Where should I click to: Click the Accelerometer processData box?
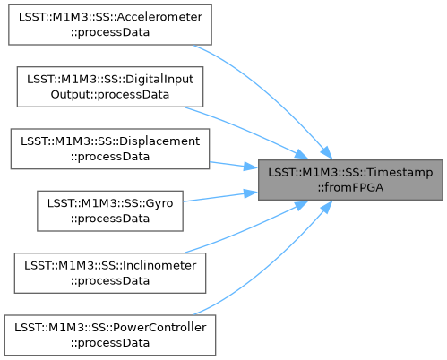click(x=110, y=25)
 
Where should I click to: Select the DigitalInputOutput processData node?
click(x=110, y=87)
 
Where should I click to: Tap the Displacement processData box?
click(x=110, y=149)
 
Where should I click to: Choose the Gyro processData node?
click(x=110, y=211)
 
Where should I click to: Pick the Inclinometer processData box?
click(x=110, y=273)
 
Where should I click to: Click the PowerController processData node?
click(x=110, y=335)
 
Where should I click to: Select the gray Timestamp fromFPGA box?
click(x=350, y=180)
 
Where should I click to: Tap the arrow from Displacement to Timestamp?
click(x=234, y=165)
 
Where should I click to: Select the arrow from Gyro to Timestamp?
click(x=220, y=197)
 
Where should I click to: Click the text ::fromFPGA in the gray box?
click(x=350, y=187)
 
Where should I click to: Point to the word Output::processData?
click(x=110, y=95)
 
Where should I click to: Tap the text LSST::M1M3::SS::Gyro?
click(x=110, y=203)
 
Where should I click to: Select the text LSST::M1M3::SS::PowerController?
click(x=110, y=328)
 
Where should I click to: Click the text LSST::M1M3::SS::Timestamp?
click(x=350, y=173)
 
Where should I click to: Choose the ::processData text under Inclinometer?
click(x=110, y=281)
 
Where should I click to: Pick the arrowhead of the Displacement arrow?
click(x=251, y=167)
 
